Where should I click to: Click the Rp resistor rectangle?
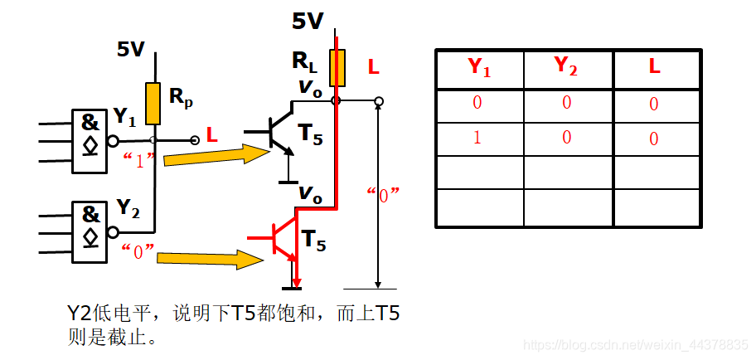tap(153, 104)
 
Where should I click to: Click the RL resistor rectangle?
tap(336, 68)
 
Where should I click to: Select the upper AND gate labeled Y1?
tap(89, 141)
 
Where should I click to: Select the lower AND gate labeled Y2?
tap(89, 232)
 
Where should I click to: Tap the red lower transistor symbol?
tap(282, 238)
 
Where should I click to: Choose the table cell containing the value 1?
tap(477, 138)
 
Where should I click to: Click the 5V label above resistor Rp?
tap(131, 50)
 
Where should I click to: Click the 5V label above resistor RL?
tap(308, 22)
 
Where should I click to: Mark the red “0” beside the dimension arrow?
tap(384, 195)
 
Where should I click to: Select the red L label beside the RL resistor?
tap(373, 68)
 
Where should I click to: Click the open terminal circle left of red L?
tap(195, 140)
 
